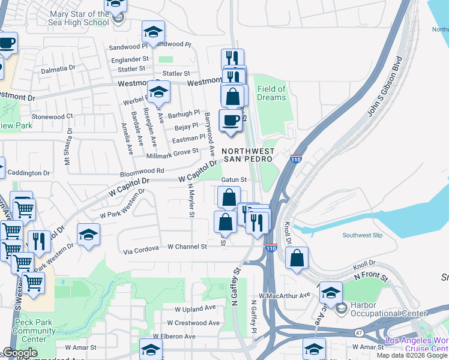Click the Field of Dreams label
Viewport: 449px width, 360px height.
click(271, 93)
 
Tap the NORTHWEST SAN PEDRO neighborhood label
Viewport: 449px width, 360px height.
click(249, 155)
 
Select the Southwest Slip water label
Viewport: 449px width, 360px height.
click(362, 235)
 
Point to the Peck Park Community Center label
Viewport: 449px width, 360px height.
click(34, 331)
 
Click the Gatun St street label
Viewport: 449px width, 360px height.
click(234, 179)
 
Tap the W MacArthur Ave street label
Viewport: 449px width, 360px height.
click(285, 295)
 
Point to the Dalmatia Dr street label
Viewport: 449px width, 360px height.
click(58, 70)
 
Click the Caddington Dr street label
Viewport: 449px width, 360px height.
click(28, 173)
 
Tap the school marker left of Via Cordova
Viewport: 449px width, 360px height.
click(89, 235)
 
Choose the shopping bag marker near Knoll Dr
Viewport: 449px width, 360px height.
click(297, 259)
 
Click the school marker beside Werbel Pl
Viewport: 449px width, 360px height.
click(158, 92)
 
